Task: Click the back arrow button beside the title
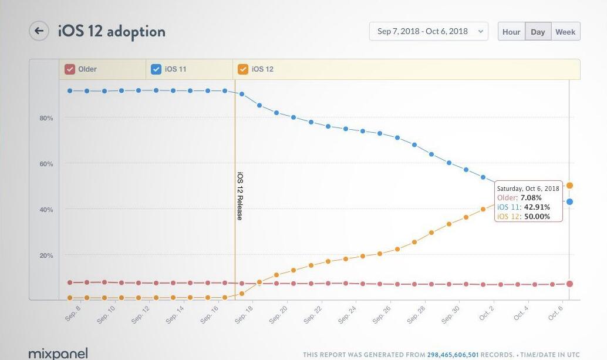click(x=39, y=31)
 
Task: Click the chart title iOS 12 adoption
click(x=112, y=31)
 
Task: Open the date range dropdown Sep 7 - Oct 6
click(x=429, y=32)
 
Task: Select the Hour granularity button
click(x=511, y=32)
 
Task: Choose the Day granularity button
click(x=538, y=32)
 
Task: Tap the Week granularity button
click(x=565, y=32)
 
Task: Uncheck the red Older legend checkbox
click(x=69, y=69)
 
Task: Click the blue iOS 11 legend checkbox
click(x=156, y=69)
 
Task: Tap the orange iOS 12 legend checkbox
click(x=242, y=69)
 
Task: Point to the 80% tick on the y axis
click(x=46, y=118)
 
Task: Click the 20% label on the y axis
click(x=46, y=255)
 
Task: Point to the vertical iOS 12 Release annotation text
click(x=240, y=196)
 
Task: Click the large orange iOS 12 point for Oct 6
click(x=569, y=186)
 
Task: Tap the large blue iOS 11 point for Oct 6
click(x=569, y=201)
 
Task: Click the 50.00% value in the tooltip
click(x=537, y=216)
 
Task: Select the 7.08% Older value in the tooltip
click(x=530, y=198)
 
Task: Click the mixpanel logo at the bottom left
click(x=58, y=354)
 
